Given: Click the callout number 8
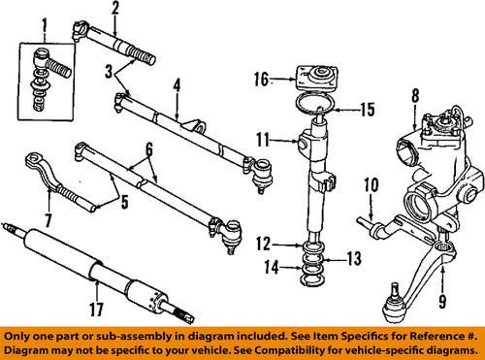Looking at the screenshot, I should tap(415, 95).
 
